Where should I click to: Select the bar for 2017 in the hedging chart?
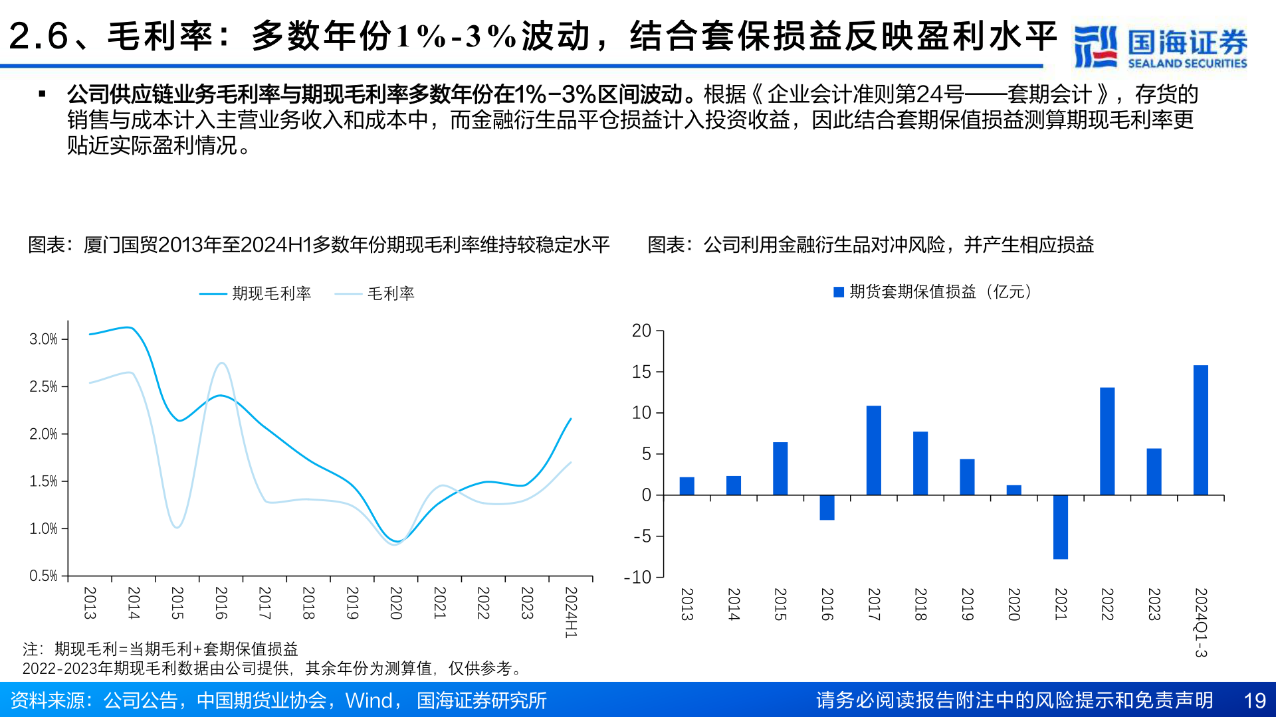873,450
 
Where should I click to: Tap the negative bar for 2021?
1060,526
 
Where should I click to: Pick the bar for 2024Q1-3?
1200,430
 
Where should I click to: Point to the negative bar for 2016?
827,507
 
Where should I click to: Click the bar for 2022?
1107,441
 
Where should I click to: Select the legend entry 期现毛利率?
255,293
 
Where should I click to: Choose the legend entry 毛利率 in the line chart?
375,293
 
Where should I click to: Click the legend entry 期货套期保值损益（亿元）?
933,292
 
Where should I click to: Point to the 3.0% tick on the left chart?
44,339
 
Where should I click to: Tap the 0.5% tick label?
44,576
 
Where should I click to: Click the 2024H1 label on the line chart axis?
570,612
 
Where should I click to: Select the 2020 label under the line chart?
395,603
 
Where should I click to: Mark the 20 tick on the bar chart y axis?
641,331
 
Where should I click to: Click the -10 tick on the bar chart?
637,577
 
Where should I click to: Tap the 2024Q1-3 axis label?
1200,622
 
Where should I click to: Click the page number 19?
1254,700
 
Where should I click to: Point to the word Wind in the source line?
369,700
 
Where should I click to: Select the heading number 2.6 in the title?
39,36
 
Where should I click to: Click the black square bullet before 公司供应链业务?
43,94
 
